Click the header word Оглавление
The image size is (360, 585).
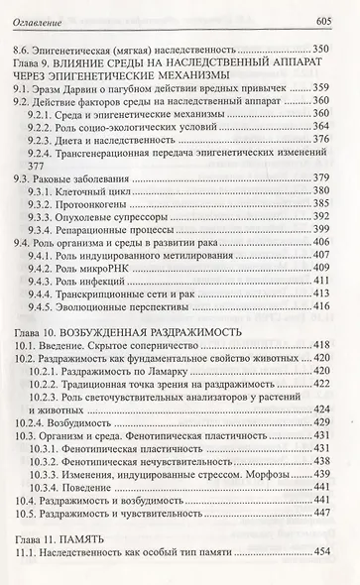click(x=41, y=11)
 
